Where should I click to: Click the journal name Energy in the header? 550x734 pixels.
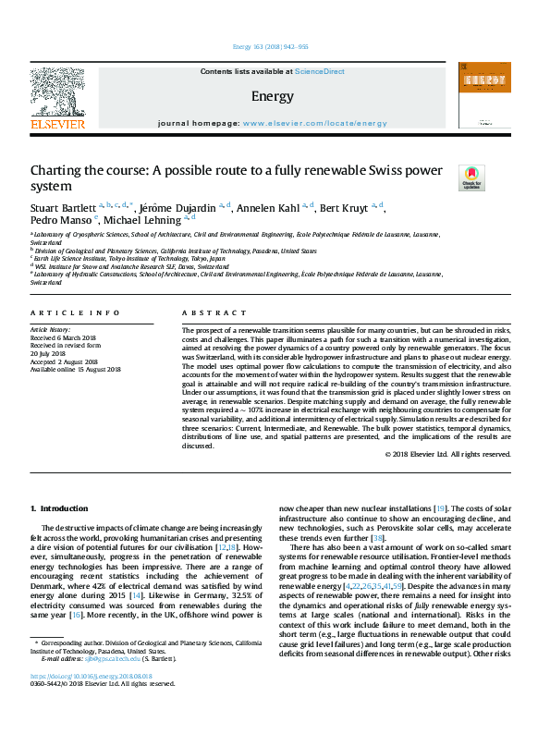272,96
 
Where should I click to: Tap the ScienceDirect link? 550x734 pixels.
320,71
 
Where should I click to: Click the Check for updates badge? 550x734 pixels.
471,177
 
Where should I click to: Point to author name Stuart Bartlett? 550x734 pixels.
63,207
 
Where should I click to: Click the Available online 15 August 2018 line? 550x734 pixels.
76,369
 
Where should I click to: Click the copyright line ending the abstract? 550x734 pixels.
447,454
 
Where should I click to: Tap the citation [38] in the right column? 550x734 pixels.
377,538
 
